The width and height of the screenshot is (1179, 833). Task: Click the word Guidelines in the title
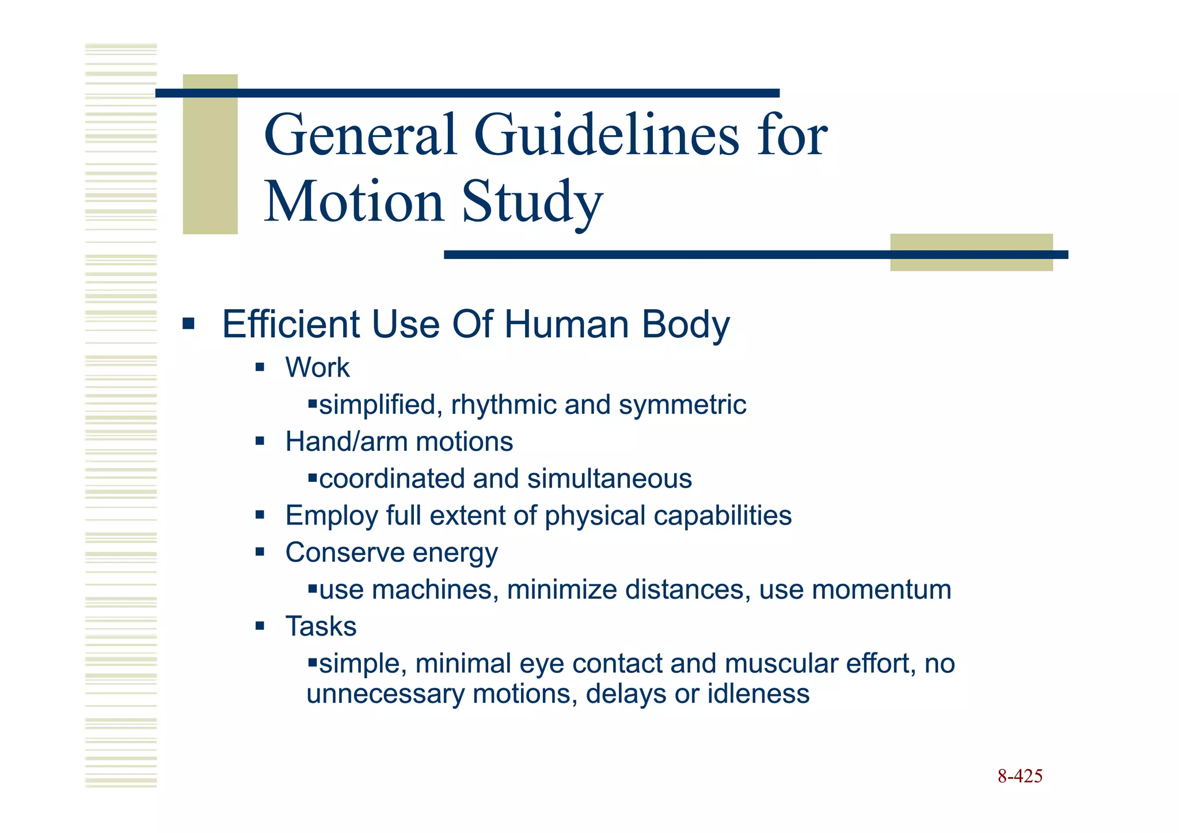pos(607,136)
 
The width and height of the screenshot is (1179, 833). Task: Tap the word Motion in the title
pos(353,201)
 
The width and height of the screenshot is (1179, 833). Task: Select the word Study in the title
pos(532,203)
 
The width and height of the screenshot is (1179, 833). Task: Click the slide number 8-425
pos(1020,777)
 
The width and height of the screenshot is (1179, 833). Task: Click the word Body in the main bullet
pos(685,325)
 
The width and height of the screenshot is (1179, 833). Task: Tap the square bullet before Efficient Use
pos(188,324)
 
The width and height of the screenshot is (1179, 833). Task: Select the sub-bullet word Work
pos(317,368)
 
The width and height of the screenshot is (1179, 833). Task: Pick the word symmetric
pos(682,405)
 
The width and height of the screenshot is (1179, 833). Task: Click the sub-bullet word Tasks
pos(321,626)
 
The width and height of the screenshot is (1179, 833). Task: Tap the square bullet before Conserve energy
pos(260,553)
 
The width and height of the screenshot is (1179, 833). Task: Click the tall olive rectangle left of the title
pos(210,154)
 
